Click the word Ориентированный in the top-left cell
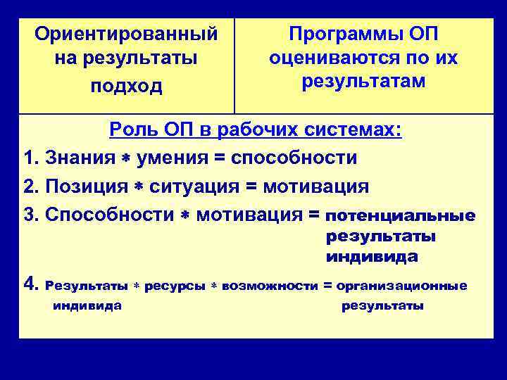pos(126,33)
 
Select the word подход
pos(126,86)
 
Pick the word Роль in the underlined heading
pos(130,130)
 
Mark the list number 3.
pos(29,215)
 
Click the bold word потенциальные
pos(401,215)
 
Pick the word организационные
pos(401,286)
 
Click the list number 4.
pos(30,284)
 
